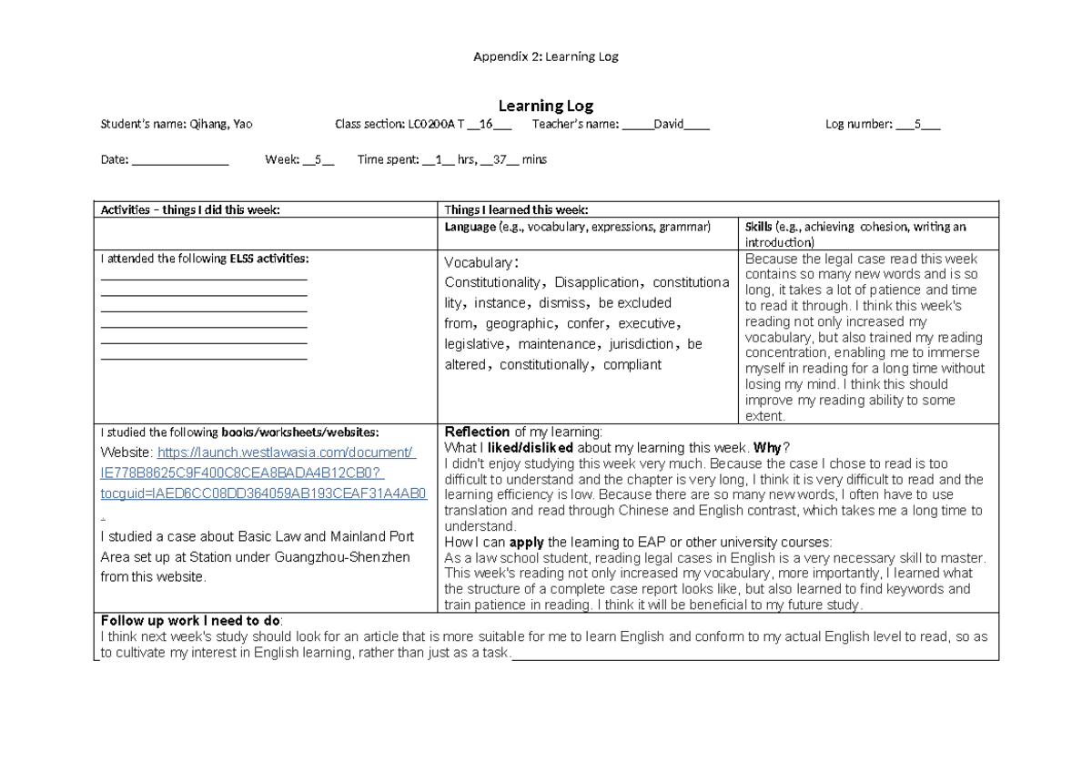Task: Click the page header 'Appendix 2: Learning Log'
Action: tap(545, 56)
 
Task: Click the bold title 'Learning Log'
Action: tap(545, 107)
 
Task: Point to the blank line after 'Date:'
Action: tap(180, 159)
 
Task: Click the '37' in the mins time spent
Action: tap(498, 159)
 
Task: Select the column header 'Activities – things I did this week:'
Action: tap(190, 209)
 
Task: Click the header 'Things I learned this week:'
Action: tap(517, 209)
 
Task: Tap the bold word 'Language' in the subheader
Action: tap(470, 226)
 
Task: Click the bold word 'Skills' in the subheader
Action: tap(758, 226)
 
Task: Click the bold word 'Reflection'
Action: tap(477, 432)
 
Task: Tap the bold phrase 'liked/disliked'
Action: tap(525, 447)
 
